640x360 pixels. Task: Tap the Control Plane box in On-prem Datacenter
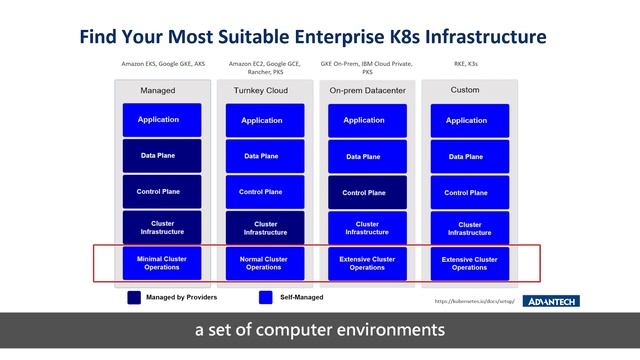[365, 192]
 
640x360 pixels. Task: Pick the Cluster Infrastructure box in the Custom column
[468, 228]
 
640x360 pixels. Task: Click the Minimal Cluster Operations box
[162, 263]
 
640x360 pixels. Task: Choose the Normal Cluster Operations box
[263, 263]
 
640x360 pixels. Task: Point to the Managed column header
[158, 90]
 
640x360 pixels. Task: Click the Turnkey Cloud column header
[262, 90]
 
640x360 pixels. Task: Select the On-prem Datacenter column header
[366, 90]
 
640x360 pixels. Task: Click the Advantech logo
[551, 301]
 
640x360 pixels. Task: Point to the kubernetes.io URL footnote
[475, 301]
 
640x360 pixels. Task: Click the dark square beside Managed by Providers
[134, 297]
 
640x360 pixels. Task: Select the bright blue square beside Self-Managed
[265, 297]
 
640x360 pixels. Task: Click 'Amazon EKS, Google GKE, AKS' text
[163, 63]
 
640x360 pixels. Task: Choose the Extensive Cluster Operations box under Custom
[468, 263]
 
